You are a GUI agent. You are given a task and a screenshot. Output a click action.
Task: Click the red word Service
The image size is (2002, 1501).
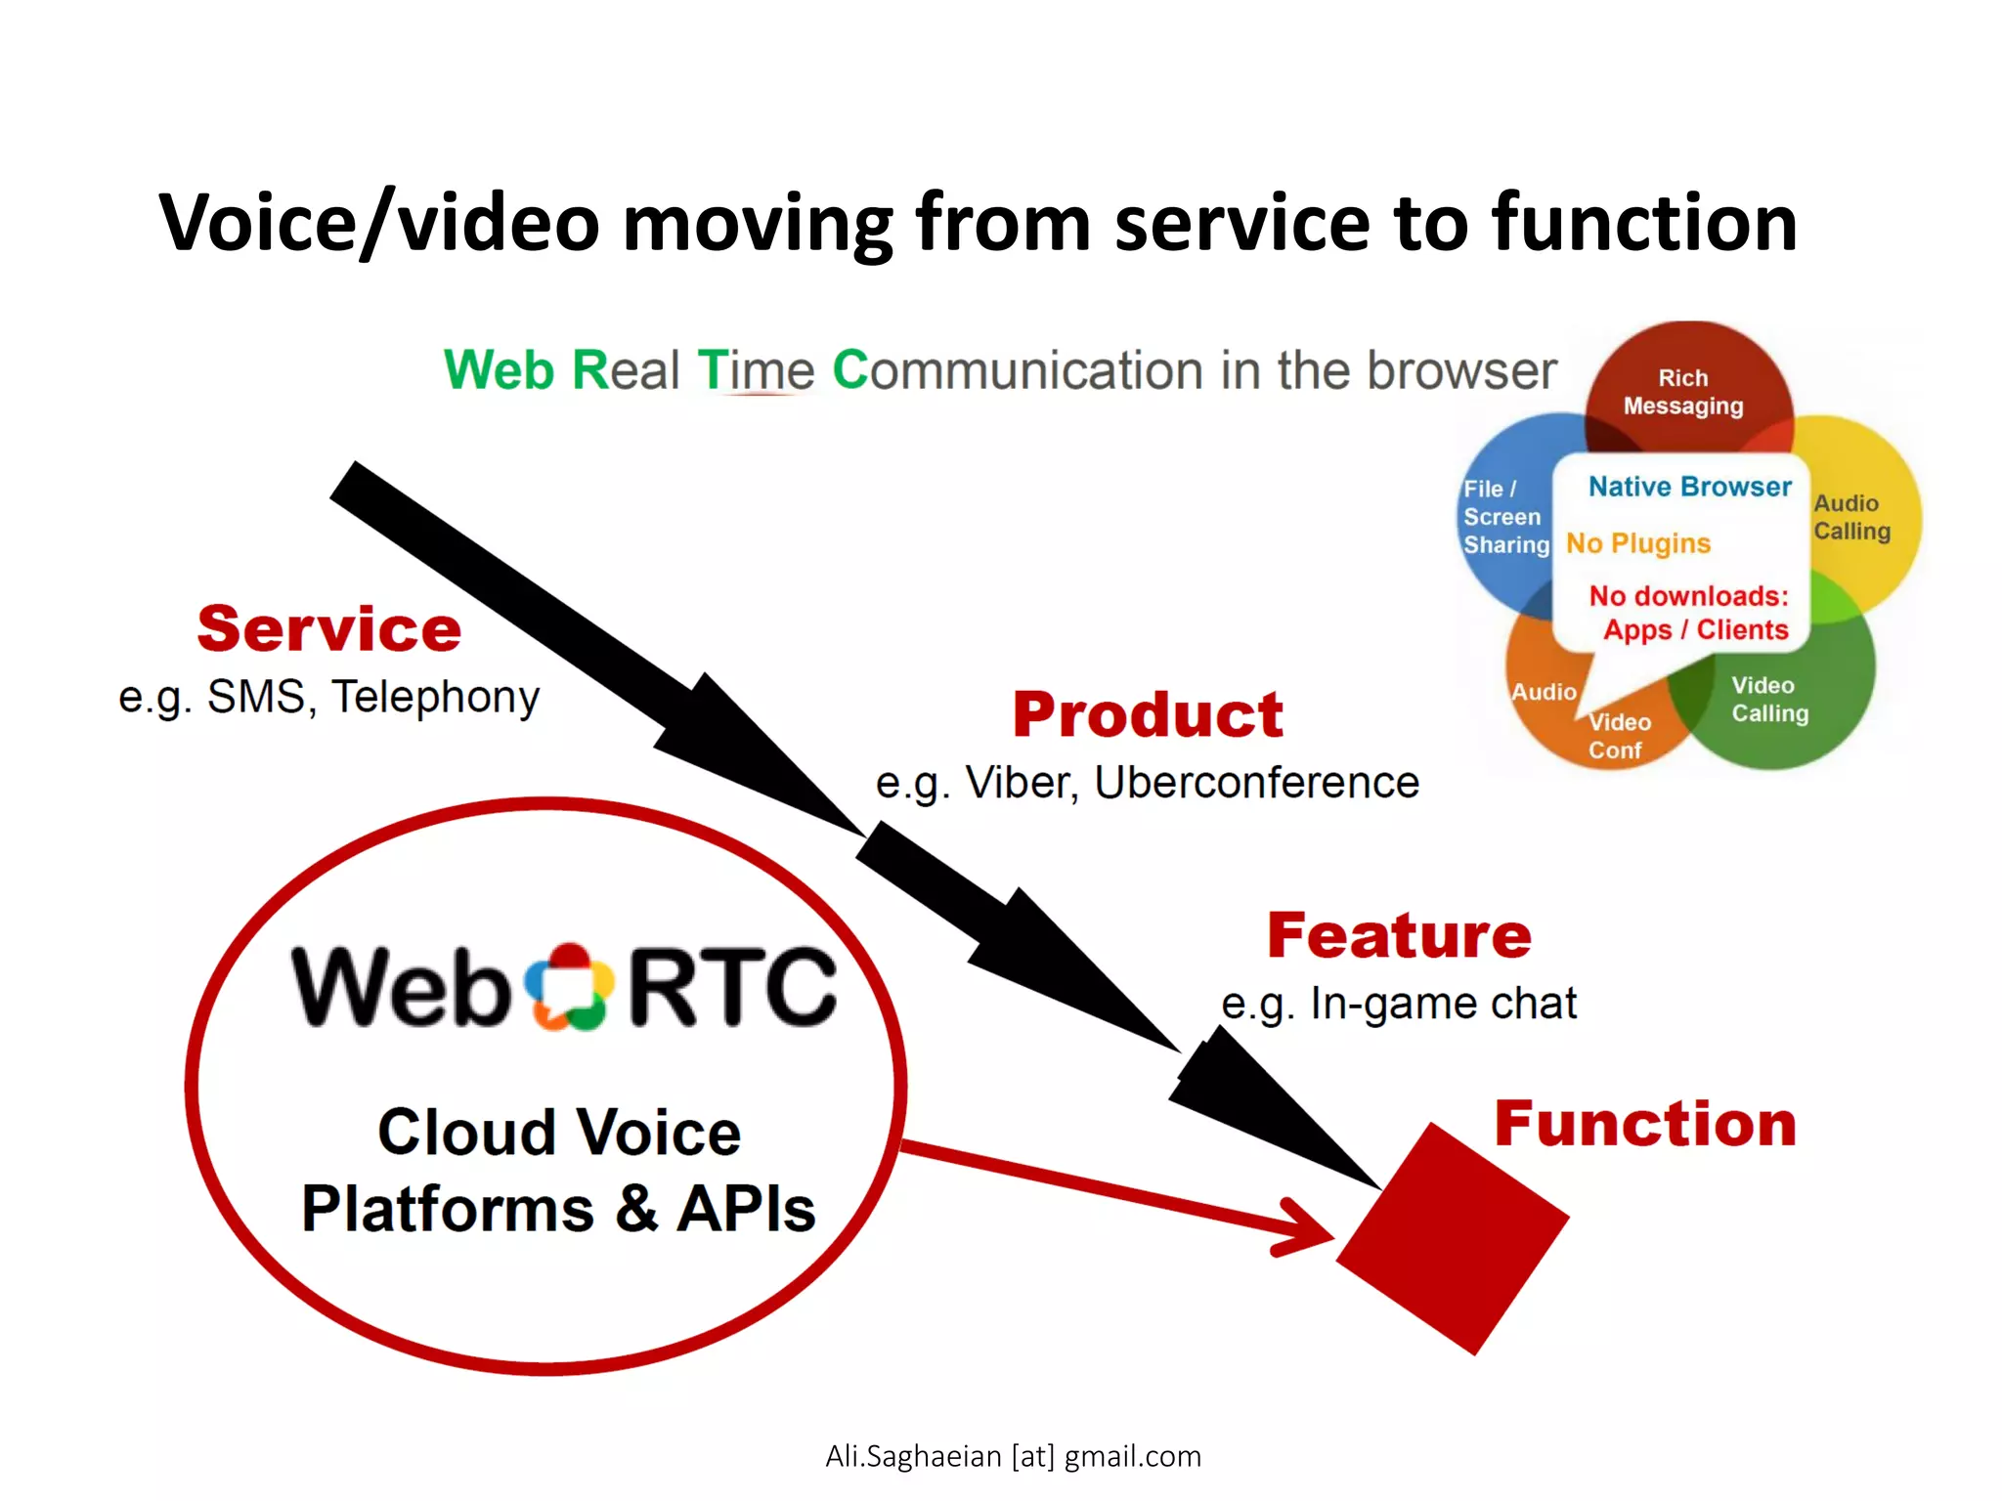coord(328,628)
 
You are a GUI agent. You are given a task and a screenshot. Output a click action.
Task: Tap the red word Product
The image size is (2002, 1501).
coord(1148,714)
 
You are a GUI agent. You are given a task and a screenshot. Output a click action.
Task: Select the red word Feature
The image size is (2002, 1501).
coord(1399,935)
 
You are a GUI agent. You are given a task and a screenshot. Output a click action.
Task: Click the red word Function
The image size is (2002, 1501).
coord(1645,1123)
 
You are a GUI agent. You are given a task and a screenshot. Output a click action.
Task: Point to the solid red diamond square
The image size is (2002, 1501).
coord(1453,1239)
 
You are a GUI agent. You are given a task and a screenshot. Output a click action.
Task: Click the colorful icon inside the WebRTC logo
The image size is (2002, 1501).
coord(569,987)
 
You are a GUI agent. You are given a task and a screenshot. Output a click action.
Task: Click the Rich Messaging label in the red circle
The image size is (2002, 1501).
coord(1683,392)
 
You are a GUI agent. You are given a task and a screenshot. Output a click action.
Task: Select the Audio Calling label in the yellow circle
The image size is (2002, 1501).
coord(1851,517)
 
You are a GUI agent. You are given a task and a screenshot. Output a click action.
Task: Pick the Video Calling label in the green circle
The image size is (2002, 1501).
coord(1769,699)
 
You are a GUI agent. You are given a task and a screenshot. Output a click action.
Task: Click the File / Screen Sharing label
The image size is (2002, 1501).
coord(1504,517)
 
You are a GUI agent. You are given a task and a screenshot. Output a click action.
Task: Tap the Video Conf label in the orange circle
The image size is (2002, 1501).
coord(1619,736)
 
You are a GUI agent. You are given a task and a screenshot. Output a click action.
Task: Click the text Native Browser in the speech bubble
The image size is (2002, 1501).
coord(1689,487)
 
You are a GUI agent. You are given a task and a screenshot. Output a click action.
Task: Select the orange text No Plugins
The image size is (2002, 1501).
coord(1638,543)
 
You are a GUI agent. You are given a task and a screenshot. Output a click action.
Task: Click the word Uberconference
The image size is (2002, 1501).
coord(1256,783)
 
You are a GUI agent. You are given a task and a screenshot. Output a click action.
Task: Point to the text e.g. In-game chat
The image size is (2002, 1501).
coord(1399,1004)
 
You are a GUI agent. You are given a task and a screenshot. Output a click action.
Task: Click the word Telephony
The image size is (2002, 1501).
coord(436,697)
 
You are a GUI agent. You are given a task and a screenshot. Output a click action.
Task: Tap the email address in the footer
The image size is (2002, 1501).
coord(1013,1456)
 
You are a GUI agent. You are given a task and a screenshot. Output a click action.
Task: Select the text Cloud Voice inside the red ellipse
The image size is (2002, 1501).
coord(559,1133)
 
